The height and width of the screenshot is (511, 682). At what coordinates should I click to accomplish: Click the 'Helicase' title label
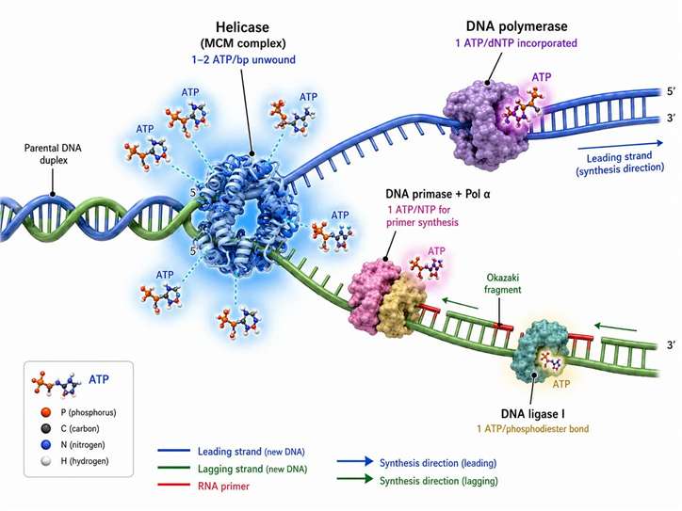242,27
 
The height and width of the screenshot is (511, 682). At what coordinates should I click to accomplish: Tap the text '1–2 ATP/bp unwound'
244,59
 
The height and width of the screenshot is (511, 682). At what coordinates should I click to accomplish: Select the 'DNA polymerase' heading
517,26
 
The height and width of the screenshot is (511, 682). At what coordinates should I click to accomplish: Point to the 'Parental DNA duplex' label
53,153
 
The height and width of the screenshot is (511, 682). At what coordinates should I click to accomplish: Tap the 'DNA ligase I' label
533,414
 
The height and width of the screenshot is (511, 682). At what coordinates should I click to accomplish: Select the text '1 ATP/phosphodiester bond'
533,429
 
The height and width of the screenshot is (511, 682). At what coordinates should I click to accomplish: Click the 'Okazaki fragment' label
502,283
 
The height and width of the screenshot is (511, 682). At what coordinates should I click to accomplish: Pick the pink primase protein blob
369,295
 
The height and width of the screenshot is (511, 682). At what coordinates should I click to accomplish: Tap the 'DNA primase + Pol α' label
438,194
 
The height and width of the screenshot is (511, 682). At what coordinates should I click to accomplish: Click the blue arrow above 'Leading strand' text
620,145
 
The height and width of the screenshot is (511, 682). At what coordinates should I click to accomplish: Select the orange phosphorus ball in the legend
45,412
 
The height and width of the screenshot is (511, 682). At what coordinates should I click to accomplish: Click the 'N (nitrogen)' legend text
83,444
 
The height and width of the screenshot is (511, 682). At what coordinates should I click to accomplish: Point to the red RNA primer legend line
174,485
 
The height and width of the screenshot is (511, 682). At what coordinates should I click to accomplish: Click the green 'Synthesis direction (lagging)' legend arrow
355,479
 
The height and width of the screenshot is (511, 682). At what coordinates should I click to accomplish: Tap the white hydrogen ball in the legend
45,460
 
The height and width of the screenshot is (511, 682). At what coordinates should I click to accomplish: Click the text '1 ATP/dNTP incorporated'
516,43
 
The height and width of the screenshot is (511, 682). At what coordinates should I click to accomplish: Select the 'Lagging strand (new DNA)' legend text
252,469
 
